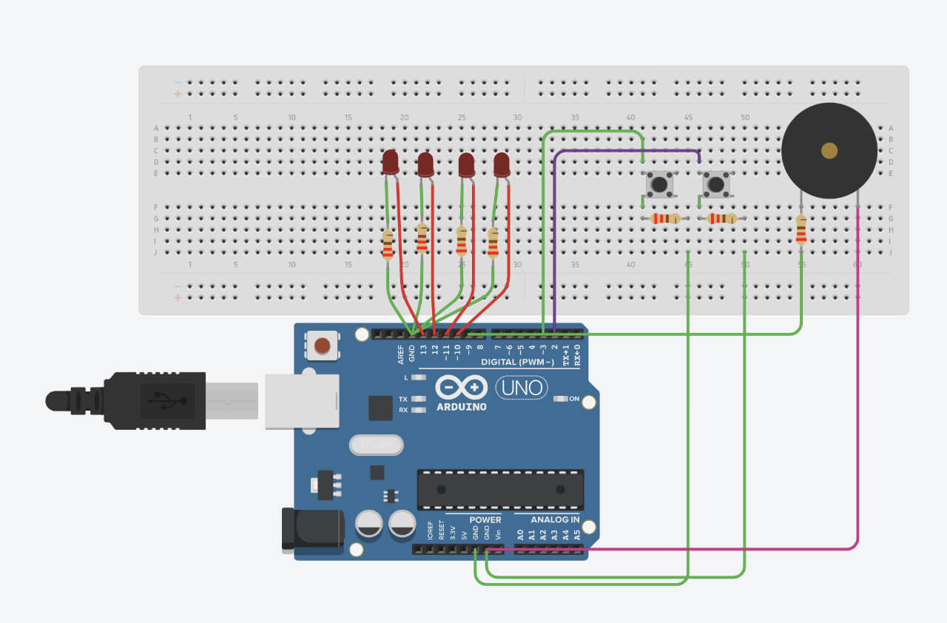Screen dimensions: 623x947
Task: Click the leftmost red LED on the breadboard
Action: click(391, 161)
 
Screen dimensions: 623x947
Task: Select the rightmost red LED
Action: click(502, 164)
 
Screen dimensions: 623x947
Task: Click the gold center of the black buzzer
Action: click(829, 151)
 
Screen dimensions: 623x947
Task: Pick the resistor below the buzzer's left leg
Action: click(801, 229)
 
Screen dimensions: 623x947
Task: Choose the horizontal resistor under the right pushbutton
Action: click(721, 218)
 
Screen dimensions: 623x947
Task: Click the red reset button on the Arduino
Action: click(323, 346)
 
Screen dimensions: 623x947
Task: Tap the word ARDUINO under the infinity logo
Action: click(461, 406)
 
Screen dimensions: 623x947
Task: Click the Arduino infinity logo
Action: click(461, 387)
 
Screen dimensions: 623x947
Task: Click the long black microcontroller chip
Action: click(500, 489)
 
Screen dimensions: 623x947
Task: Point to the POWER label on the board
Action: click(485, 519)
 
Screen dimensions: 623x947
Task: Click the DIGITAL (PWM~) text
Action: click(517, 362)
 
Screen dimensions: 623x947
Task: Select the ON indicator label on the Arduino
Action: click(573, 399)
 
